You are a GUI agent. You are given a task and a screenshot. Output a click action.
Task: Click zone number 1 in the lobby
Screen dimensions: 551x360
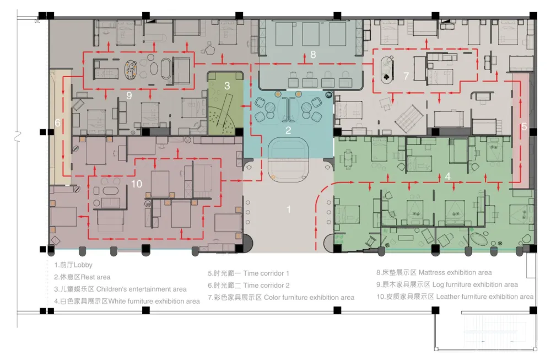pyautogui.click(x=289, y=209)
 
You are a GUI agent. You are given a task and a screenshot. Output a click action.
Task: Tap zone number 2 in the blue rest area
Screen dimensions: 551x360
pyautogui.click(x=288, y=131)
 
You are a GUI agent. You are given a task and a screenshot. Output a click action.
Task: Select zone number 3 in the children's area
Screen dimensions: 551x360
pyautogui.click(x=227, y=85)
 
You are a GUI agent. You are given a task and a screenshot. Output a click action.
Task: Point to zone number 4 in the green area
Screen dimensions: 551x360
pyautogui.click(x=447, y=176)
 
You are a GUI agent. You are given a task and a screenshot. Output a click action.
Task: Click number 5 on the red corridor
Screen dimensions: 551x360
pyautogui.click(x=524, y=127)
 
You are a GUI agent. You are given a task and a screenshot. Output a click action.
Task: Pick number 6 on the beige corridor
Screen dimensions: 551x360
pyautogui.click(x=58, y=123)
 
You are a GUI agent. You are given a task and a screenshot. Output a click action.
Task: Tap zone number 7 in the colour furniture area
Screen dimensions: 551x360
pyautogui.click(x=406, y=76)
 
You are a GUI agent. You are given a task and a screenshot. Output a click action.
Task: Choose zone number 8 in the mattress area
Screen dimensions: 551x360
pyautogui.click(x=313, y=55)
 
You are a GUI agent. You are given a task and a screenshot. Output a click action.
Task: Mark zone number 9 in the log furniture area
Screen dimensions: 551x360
pyautogui.click(x=129, y=95)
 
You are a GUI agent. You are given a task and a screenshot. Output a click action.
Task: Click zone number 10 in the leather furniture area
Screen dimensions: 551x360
pyautogui.click(x=137, y=184)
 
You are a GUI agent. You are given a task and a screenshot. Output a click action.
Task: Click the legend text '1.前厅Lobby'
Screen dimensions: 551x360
pyautogui.click(x=73, y=265)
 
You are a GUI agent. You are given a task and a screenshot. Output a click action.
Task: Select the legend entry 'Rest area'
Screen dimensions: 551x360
pyautogui.click(x=95, y=277)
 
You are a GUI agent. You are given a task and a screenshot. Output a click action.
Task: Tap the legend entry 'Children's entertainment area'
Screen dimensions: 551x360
pyautogui.click(x=141, y=289)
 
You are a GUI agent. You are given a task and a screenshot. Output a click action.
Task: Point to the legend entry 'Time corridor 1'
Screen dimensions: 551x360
pyautogui.click(x=266, y=273)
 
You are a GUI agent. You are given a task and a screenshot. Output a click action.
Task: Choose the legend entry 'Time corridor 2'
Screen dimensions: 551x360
pyautogui.click(x=266, y=286)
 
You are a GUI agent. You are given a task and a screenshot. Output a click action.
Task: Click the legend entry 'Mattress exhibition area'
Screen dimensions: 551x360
pyautogui.click(x=455, y=272)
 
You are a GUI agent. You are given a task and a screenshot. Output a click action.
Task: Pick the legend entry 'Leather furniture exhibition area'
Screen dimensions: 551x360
pyautogui.click(x=485, y=297)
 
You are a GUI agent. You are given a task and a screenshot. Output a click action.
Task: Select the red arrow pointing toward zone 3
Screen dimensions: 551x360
pyautogui.click(x=246, y=106)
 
